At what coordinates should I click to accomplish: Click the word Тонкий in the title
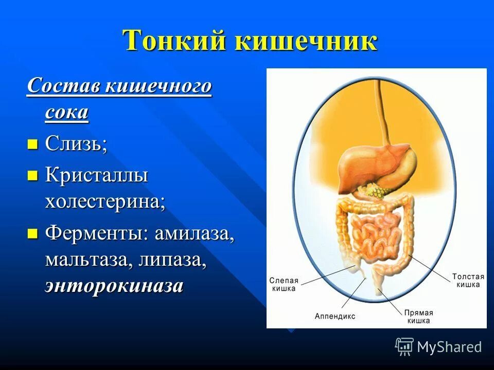click(175, 41)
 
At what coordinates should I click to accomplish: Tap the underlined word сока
click(66, 112)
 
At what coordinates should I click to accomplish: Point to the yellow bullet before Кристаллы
click(32, 176)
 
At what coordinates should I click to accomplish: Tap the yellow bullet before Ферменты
click(32, 234)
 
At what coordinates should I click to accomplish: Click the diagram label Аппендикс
click(334, 316)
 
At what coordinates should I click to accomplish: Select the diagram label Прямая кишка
click(419, 316)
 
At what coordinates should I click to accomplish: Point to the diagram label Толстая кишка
click(468, 280)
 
